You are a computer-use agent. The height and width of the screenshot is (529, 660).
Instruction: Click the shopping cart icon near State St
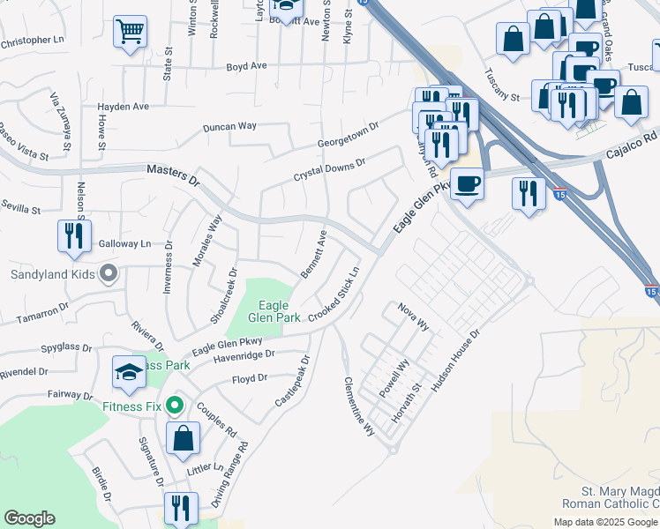click(130, 33)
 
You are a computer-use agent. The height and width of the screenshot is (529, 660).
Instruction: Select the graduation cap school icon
click(129, 373)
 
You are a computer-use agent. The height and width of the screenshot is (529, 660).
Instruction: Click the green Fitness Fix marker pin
click(175, 406)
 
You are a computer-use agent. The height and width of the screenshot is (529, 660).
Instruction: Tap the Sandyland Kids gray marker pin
click(108, 274)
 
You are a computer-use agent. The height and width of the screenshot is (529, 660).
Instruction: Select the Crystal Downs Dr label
click(329, 170)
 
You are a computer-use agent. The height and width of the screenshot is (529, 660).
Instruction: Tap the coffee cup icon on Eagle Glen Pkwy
click(467, 184)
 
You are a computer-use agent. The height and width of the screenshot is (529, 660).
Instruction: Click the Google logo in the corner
click(29, 518)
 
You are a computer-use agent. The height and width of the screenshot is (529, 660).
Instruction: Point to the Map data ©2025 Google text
click(605, 522)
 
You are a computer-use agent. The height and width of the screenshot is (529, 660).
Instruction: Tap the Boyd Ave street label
click(246, 66)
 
